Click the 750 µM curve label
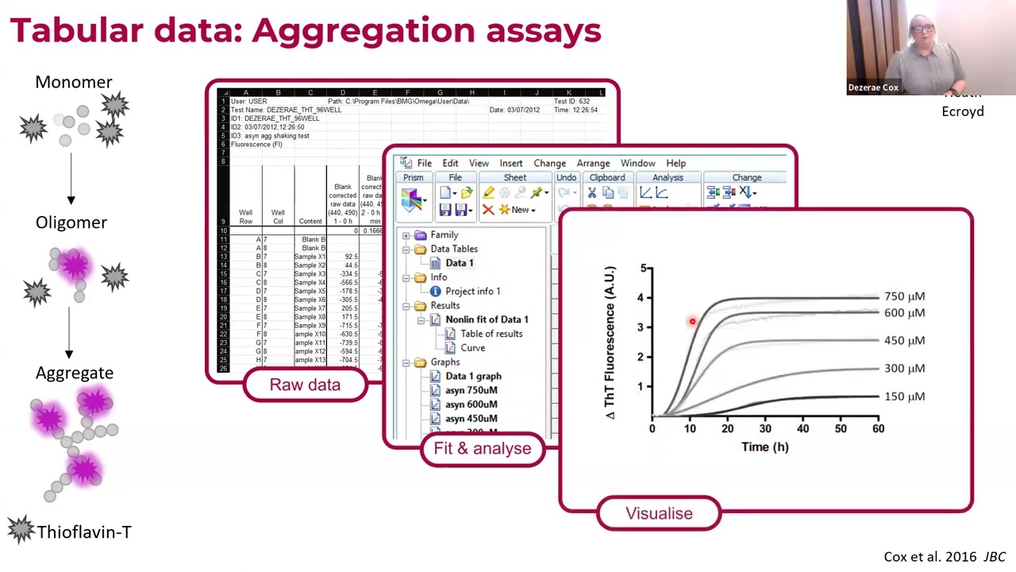click(x=904, y=296)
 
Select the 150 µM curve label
click(x=904, y=396)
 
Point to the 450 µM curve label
click(x=904, y=341)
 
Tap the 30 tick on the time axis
click(x=765, y=429)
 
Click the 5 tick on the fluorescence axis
click(x=643, y=269)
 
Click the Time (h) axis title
click(x=764, y=447)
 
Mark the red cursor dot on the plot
click(x=692, y=322)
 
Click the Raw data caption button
click(x=305, y=385)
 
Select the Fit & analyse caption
click(x=482, y=449)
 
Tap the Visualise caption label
click(x=659, y=514)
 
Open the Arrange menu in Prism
click(x=593, y=164)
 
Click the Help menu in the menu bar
click(x=675, y=164)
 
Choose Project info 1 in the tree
click(x=472, y=292)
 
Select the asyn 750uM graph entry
click(x=471, y=390)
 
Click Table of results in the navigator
click(x=491, y=334)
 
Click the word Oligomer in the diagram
click(x=71, y=222)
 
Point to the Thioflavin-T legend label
click(x=83, y=532)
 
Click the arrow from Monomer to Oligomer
click(x=71, y=179)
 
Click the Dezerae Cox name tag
click(x=873, y=88)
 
